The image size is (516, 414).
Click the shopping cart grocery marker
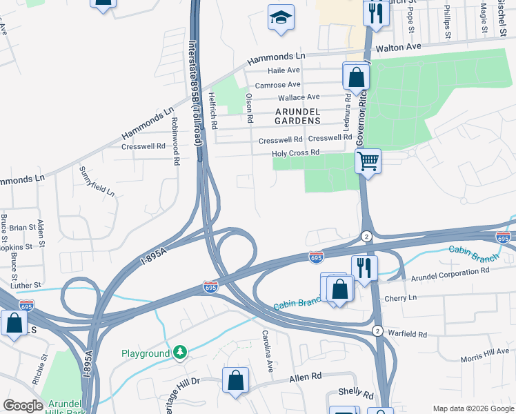(368, 161)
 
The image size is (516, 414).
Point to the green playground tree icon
(180, 353)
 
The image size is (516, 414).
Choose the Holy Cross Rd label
(296, 152)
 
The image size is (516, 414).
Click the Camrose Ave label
(277, 84)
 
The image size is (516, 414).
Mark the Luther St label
(26, 285)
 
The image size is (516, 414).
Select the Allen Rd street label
(306, 377)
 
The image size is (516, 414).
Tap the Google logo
(23, 406)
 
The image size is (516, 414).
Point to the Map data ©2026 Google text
(473, 408)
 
